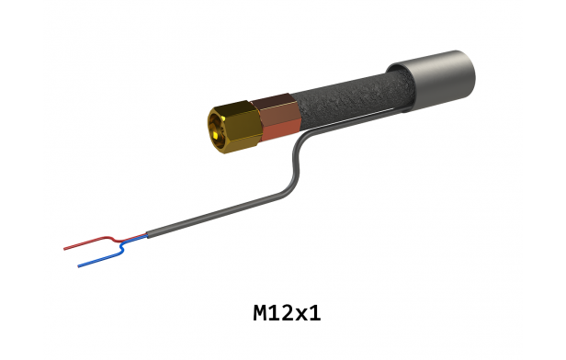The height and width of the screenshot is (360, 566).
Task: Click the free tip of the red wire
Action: pyautogui.click(x=64, y=249)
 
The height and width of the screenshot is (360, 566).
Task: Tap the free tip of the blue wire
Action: pyautogui.click(x=79, y=266)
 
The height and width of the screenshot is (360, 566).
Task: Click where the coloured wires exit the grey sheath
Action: pyautogui.click(x=148, y=234)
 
